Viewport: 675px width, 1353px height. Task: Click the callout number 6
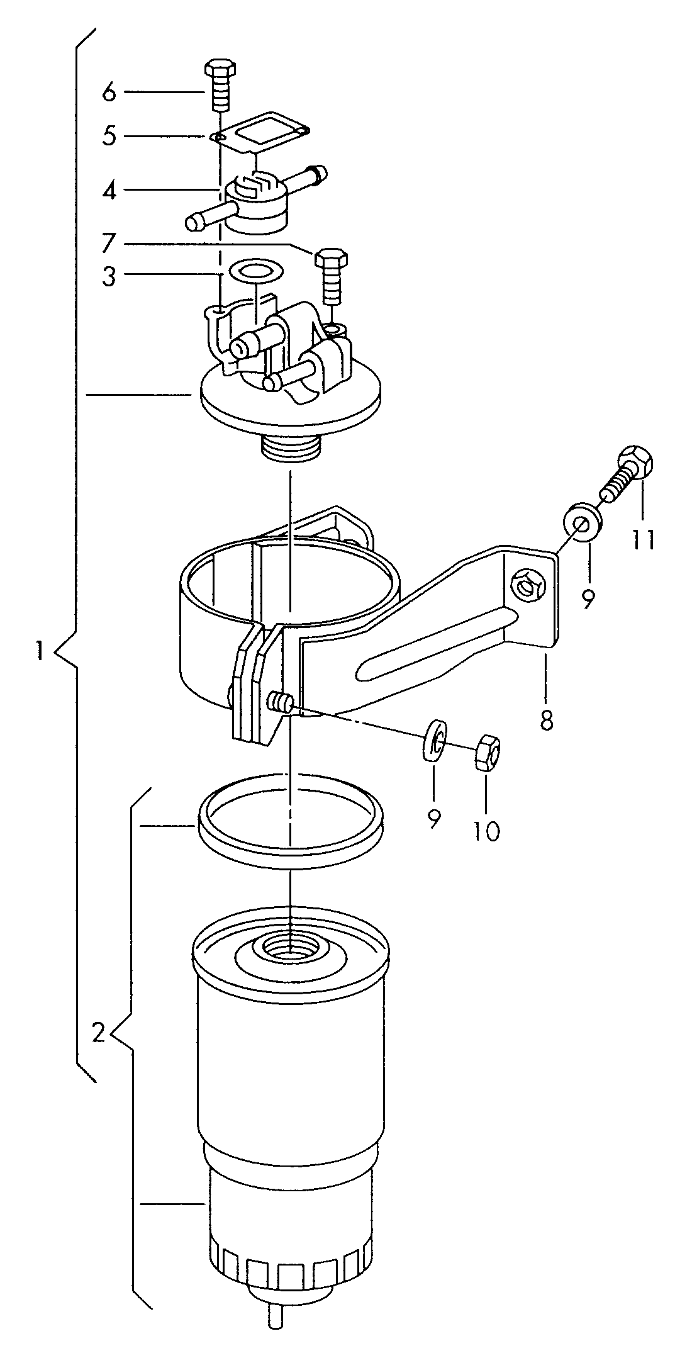tap(109, 92)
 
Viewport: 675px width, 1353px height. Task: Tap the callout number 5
tap(109, 136)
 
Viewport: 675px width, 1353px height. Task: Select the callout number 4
tap(109, 190)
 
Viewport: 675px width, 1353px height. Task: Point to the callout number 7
tap(109, 242)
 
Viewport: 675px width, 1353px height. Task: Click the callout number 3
tap(109, 276)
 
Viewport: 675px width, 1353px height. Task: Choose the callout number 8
tap(546, 719)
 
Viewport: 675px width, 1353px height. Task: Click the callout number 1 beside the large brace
tap(40, 650)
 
